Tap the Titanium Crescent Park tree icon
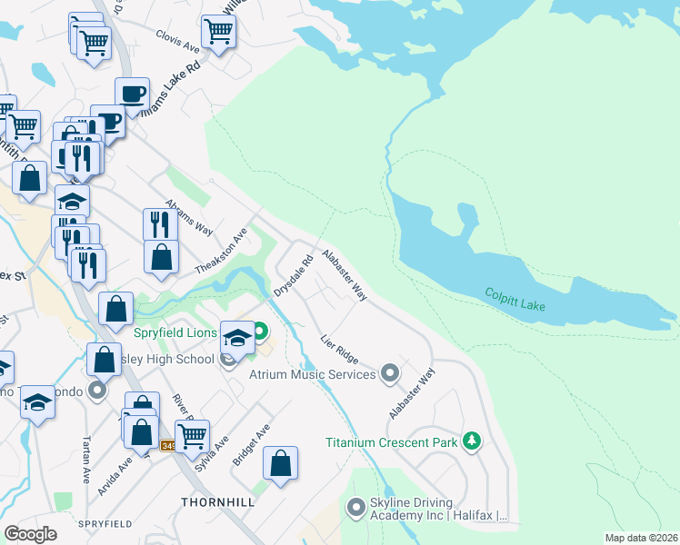click(x=471, y=441)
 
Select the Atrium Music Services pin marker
click(x=390, y=373)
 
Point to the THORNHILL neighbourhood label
click(x=217, y=501)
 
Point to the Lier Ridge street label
click(x=339, y=349)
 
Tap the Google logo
click(x=31, y=533)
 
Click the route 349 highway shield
click(x=169, y=445)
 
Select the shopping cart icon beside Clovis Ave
click(x=218, y=32)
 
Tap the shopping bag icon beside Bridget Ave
click(x=281, y=463)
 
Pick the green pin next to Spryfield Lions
click(x=261, y=331)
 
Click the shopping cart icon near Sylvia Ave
click(x=192, y=436)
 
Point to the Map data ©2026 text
click(x=640, y=538)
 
